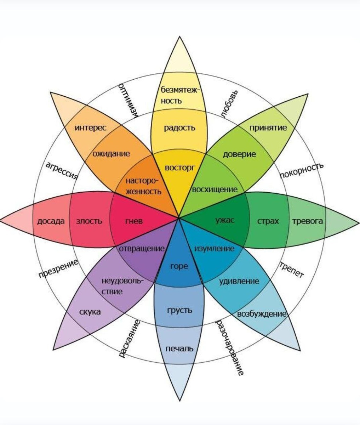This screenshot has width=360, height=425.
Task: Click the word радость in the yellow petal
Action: [179, 128]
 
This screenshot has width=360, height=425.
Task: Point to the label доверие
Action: [239, 154]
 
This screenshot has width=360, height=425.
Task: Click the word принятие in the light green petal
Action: [268, 128]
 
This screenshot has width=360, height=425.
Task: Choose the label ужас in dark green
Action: [225, 220]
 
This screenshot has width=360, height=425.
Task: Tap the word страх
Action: [268, 221]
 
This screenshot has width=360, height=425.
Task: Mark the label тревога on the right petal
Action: [307, 221]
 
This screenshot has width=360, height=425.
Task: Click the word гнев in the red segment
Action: [134, 221]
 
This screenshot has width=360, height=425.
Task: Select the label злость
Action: [89, 221]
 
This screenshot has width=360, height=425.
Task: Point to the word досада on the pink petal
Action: [51, 221]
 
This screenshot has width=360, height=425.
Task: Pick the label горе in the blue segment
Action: [179, 266]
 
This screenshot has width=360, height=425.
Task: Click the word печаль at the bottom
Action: [180, 348]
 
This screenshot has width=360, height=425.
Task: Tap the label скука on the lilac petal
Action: [90, 312]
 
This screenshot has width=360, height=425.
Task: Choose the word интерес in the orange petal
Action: [90, 128]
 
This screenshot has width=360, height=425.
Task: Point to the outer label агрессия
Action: [61, 170]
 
